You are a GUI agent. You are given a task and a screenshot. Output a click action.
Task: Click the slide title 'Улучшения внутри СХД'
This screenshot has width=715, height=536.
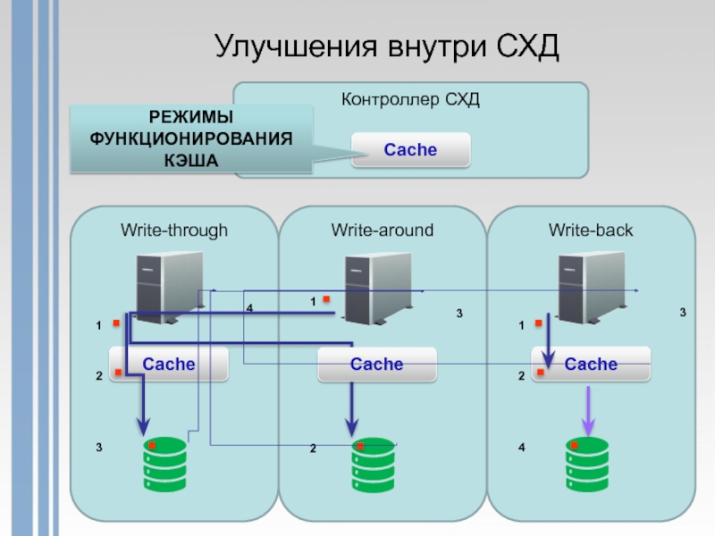pos(386,47)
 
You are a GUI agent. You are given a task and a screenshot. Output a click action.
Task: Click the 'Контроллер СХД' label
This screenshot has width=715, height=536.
pos(410,99)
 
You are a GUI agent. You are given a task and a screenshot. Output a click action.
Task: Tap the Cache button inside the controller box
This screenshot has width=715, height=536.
pos(410,149)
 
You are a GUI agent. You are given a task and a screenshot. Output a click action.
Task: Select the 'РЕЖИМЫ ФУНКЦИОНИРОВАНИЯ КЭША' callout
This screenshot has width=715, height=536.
pos(191,138)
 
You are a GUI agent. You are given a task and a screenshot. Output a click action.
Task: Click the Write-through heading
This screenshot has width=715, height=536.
pos(174,230)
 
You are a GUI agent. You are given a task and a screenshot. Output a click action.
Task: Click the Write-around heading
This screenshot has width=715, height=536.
pos(382,230)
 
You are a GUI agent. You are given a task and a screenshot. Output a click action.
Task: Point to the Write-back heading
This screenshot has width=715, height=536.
pos(590,230)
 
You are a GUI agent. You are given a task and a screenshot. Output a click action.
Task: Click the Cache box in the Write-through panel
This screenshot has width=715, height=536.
pos(169,364)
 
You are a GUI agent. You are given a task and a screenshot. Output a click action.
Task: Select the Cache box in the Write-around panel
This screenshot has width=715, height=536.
pos(377,364)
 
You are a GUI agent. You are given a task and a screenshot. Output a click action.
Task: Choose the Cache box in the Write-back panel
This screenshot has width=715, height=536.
pos(591,364)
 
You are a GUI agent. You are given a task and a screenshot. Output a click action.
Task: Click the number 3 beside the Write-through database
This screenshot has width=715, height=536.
pos(99,443)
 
